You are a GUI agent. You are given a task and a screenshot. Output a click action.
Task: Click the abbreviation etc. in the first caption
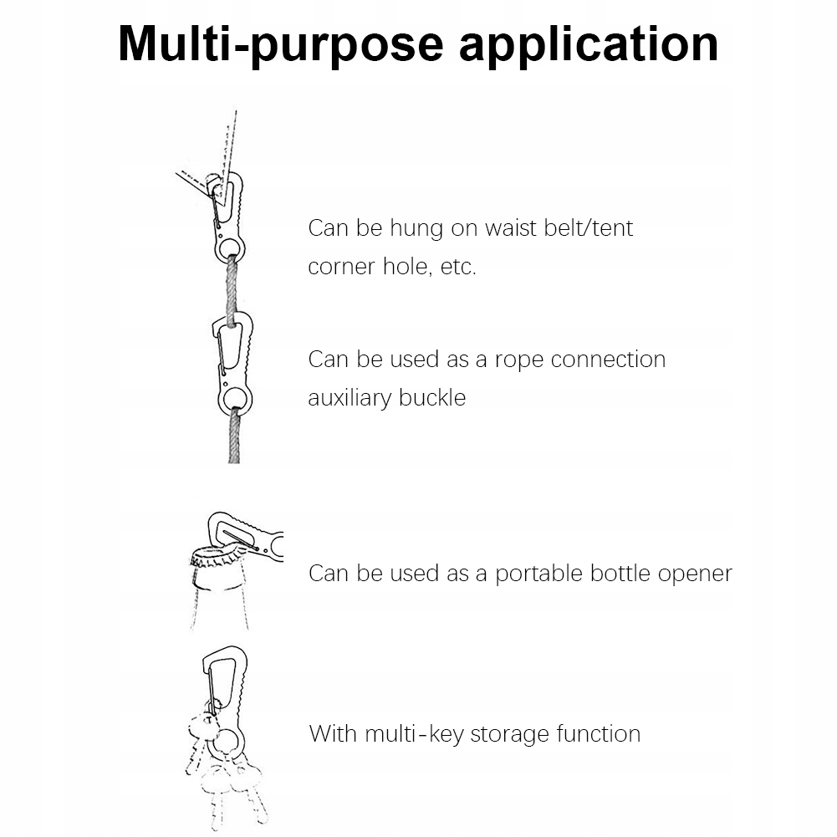458,267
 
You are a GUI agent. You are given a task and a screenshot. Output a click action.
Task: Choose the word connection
609,360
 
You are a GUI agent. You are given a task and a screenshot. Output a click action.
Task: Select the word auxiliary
350,397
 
